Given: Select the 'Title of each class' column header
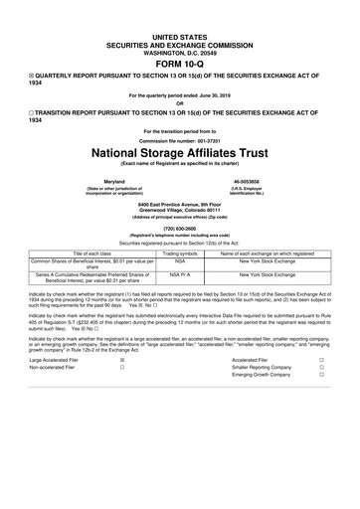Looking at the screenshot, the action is (92, 254).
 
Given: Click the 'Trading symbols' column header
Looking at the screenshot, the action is (180, 254).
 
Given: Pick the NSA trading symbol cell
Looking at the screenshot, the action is (180, 262).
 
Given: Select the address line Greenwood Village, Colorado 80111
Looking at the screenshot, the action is (179, 211).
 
